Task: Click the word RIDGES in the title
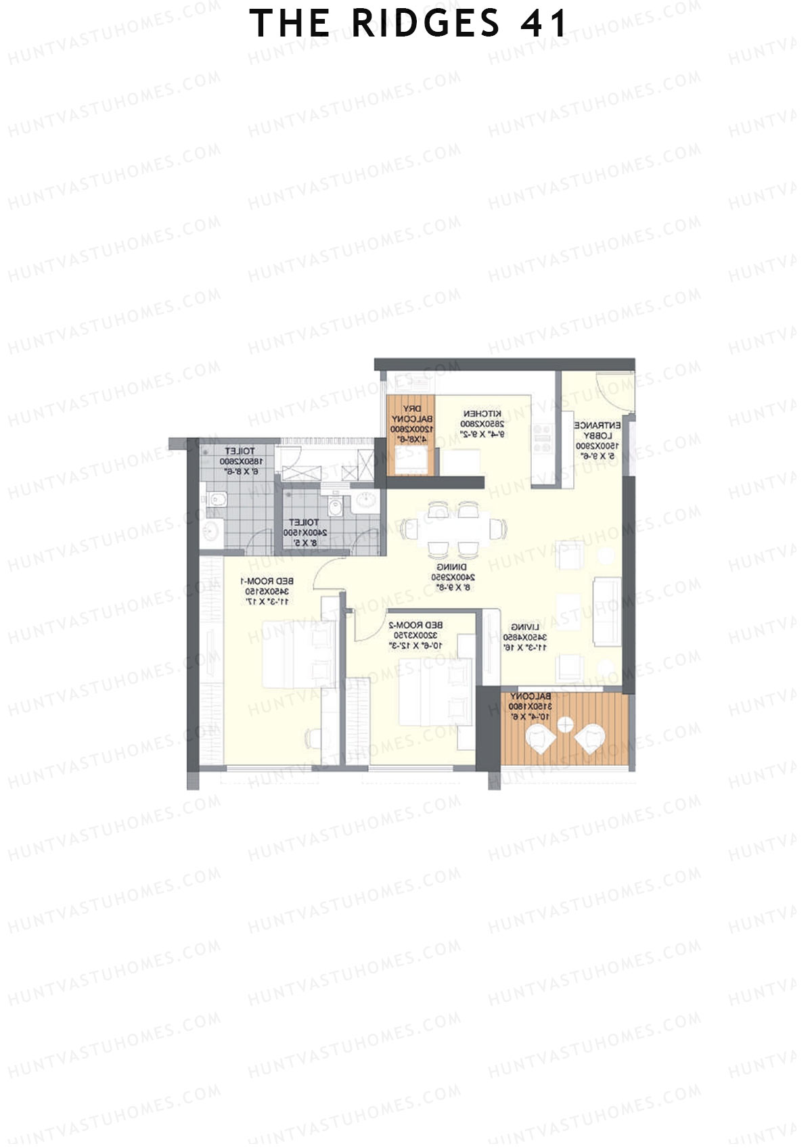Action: [425, 24]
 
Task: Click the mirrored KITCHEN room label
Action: [482, 413]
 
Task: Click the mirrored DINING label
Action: [451, 567]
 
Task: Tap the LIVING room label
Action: [525, 627]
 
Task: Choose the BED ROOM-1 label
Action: [267, 581]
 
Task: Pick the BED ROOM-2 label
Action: [415, 625]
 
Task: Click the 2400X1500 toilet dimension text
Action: [304, 533]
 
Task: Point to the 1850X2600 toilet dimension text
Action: [240, 461]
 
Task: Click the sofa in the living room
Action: [607, 611]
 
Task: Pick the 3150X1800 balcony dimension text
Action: [530, 706]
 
